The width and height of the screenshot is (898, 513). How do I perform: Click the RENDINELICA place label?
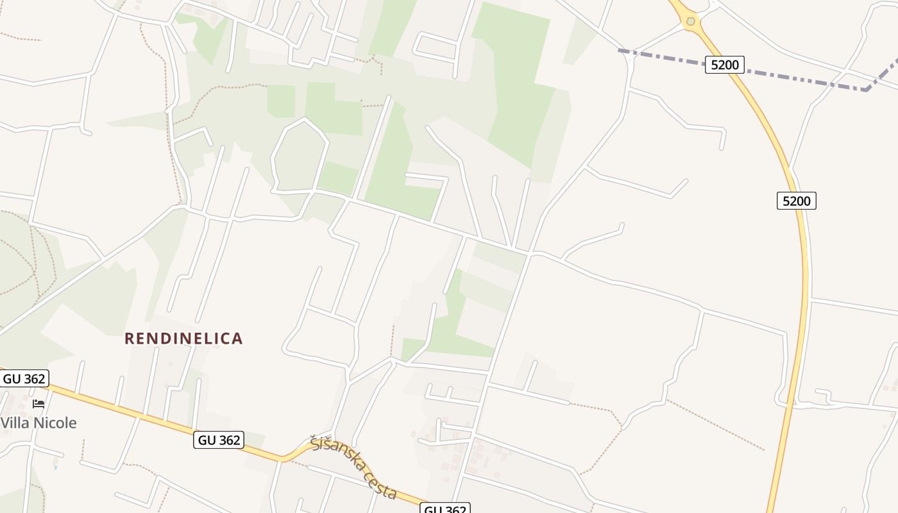pyautogui.click(x=183, y=339)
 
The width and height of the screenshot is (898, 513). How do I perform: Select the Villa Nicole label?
pyautogui.click(x=38, y=423)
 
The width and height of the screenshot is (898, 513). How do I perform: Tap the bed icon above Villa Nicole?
pyautogui.click(x=38, y=404)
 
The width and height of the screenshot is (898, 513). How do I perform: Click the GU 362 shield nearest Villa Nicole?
pyautogui.click(x=24, y=378)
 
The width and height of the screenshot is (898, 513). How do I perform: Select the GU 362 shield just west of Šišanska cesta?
pyautogui.click(x=219, y=440)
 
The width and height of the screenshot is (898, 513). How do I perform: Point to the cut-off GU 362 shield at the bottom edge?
pyautogui.click(x=446, y=509)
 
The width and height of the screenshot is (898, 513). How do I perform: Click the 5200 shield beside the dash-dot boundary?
pyautogui.click(x=724, y=64)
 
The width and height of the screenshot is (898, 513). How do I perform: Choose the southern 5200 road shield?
pyautogui.click(x=797, y=201)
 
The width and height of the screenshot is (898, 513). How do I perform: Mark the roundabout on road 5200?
pyautogui.click(x=690, y=21)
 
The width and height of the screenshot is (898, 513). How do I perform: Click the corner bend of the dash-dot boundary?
pyautogui.click(x=867, y=90)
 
